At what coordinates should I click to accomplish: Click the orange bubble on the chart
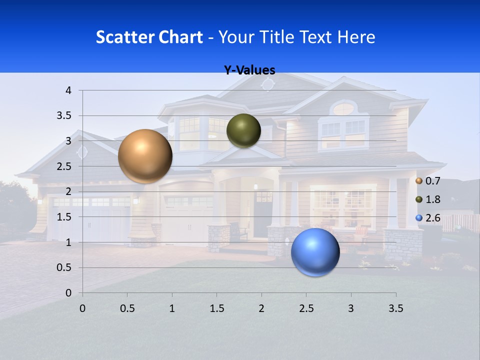(x=145, y=156)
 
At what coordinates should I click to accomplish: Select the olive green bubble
(x=243, y=130)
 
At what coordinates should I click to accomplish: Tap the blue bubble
(x=315, y=252)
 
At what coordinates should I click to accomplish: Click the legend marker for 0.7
(x=419, y=180)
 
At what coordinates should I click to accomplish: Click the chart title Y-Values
(x=249, y=70)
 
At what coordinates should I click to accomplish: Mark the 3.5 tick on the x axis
(x=395, y=309)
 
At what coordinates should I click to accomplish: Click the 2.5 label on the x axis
(x=306, y=309)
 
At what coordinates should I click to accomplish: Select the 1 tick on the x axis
(x=172, y=309)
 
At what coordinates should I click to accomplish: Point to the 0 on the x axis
(x=82, y=309)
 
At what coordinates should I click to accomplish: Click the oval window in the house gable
(x=343, y=108)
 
